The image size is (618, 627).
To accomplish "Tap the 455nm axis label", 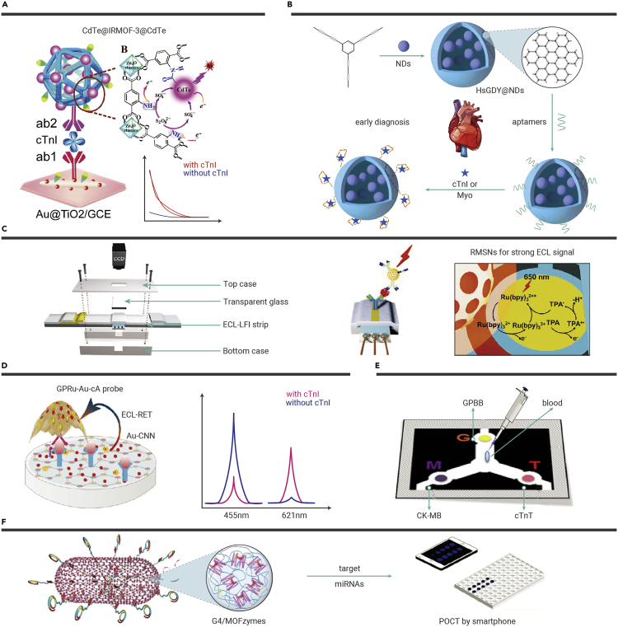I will click(235, 516).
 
